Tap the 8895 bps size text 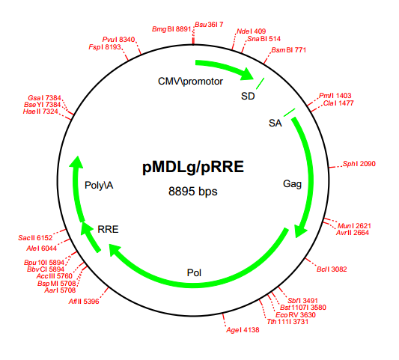192,192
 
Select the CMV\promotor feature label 190,81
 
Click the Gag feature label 292,183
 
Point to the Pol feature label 194,272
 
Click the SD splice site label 248,96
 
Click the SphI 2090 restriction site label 359,163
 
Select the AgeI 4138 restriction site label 242,329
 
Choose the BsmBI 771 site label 288,50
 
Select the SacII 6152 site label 35,237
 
